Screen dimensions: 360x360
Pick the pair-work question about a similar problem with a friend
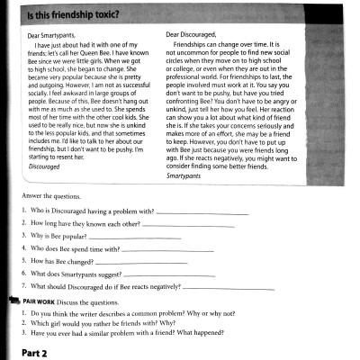[x=130, y=332]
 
